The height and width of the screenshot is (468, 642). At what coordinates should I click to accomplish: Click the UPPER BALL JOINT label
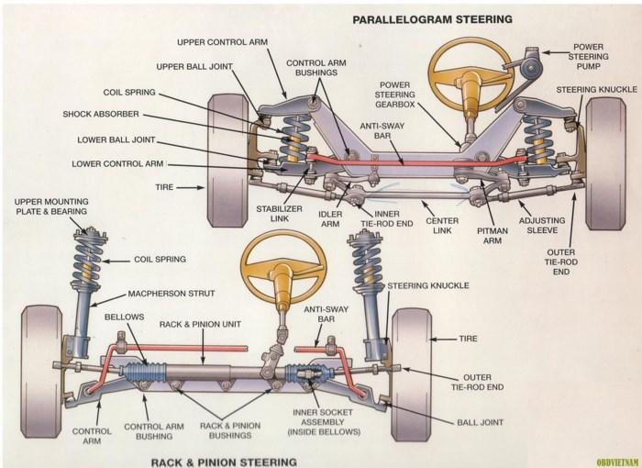pos(194,67)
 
